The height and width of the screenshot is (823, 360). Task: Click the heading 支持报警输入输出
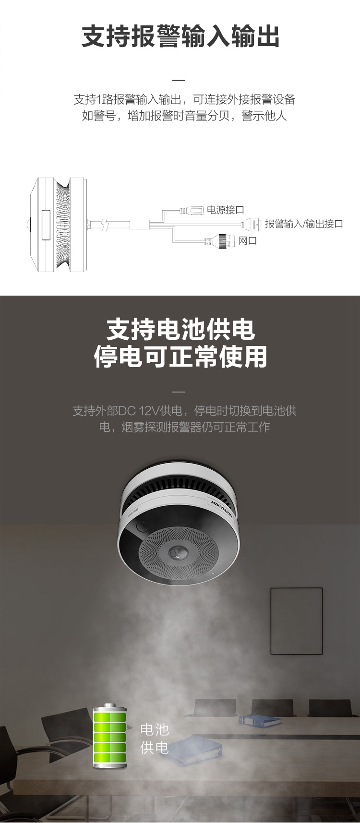point(180,37)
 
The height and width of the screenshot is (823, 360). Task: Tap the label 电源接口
point(226,210)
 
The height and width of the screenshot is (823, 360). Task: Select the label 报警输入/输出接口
point(304,224)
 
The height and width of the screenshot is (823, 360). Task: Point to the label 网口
point(248,240)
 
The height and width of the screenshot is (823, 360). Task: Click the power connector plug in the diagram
point(192,210)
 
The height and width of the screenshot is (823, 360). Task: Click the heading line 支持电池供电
point(180,330)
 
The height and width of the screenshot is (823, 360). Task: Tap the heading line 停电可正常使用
point(180,357)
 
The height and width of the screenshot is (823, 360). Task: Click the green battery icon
point(110,736)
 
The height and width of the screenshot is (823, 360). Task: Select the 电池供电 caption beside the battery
point(155,738)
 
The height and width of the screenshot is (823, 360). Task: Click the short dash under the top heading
point(178,80)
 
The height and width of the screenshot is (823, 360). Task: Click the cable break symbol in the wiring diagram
point(106,224)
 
